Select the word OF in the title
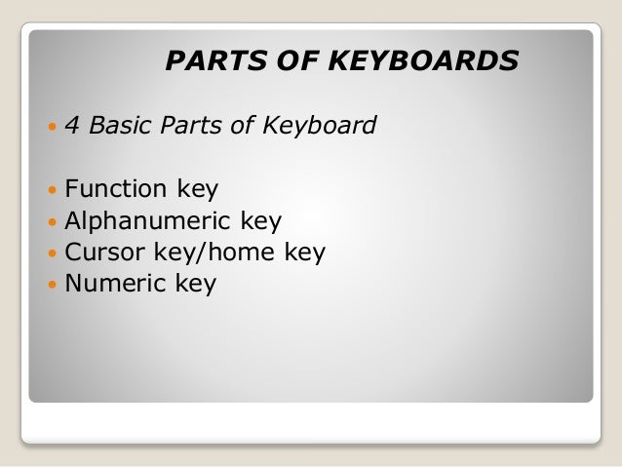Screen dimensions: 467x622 tap(293, 63)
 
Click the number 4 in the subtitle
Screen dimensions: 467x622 tap(71, 126)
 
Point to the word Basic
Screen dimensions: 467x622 tap(120, 126)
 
